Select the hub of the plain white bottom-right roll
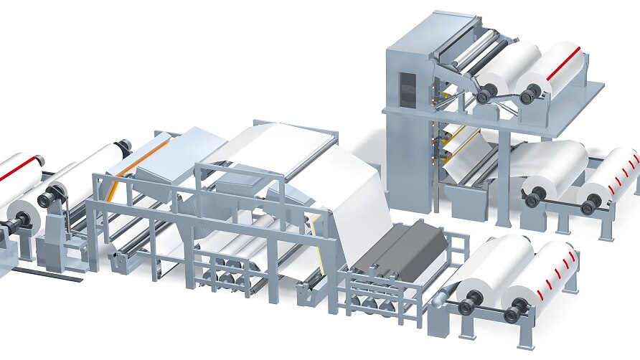point(467,307)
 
